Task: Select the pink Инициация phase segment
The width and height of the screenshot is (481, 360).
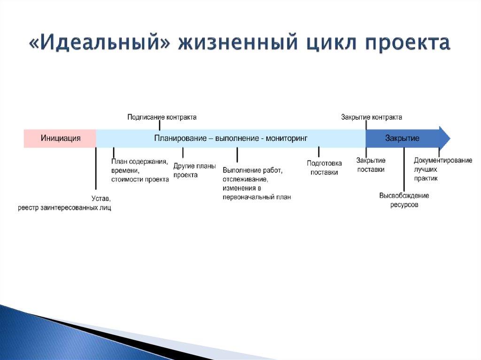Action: tap(60, 138)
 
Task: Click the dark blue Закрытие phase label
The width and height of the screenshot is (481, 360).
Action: tap(402, 138)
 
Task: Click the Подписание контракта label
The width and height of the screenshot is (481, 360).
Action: tap(162, 117)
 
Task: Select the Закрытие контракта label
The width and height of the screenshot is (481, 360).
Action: tap(371, 117)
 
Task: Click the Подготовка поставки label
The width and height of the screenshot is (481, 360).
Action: tap(324, 168)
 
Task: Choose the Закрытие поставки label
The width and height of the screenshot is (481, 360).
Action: tap(371, 165)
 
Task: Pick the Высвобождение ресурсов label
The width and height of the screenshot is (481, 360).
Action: tap(404, 200)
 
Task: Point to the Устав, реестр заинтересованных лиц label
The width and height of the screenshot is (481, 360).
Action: tap(65, 203)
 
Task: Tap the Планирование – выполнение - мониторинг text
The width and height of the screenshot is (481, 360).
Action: tap(231, 138)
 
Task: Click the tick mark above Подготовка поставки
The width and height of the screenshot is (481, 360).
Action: tap(318, 152)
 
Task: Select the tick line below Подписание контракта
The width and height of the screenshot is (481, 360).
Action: tap(160, 125)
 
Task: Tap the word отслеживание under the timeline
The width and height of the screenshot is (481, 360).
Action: tap(245, 179)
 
